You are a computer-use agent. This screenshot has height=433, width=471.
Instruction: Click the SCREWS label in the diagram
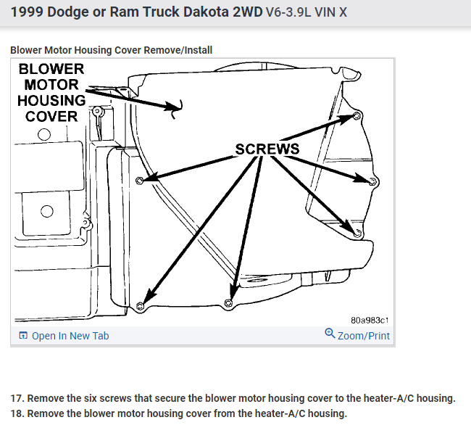pos(267,149)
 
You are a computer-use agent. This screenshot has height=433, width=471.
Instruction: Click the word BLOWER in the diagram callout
pos(51,70)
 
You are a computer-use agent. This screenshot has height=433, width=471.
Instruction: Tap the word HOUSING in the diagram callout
pos(51,101)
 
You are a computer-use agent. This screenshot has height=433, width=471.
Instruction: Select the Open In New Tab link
pos(70,336)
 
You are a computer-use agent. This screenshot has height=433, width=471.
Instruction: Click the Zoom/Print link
pos(363,336)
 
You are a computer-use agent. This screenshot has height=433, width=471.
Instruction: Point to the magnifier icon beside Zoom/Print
pos(330,334)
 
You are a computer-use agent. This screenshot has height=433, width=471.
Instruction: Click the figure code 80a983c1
pos(370,320)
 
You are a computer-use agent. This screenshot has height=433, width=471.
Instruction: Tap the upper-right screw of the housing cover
pos(357,116)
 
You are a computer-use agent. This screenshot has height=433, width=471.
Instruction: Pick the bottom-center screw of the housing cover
pos(228,302)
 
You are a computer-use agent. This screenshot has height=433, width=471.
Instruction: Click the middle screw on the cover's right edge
pos(372,181)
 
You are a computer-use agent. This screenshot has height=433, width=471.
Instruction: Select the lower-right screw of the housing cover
pos(357,231)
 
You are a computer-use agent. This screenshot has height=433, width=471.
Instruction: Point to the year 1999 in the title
pos(28,13)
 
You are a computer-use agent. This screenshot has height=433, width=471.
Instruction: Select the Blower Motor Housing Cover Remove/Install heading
pos(111,50)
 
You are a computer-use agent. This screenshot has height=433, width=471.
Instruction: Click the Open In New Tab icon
pos(23,336)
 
